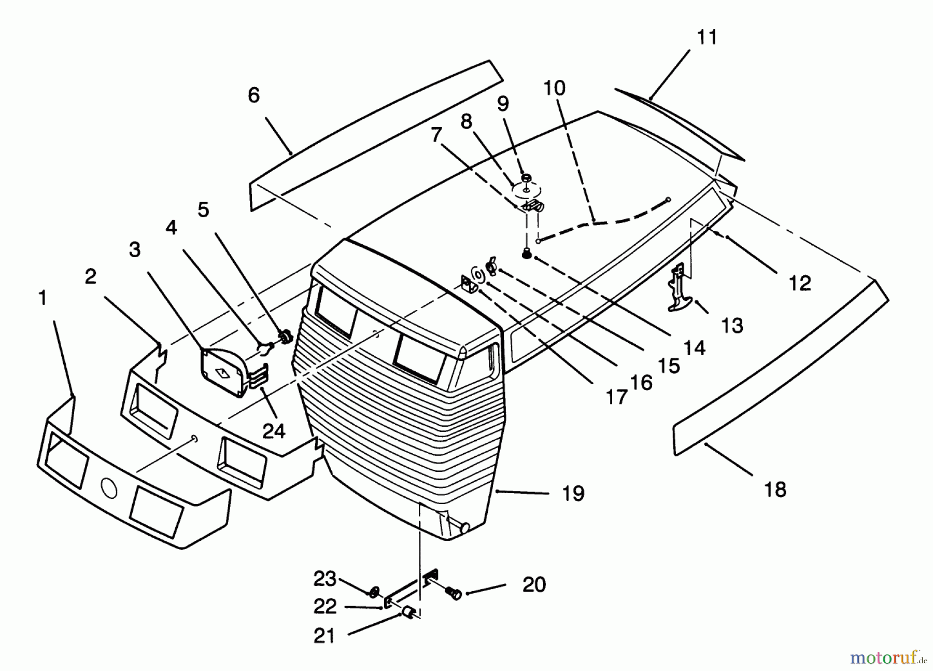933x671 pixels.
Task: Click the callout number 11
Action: (707, 38)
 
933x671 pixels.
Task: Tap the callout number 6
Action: (253, 95)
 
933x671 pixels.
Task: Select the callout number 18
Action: (775, 490)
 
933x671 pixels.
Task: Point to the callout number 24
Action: (274, 430)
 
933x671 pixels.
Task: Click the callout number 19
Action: (573, 494)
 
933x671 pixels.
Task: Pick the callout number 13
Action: (732, 326)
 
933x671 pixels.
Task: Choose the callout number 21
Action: (324, 636)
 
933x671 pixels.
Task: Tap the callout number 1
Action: (43, 298)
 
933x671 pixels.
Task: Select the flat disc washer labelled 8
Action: (527, 190)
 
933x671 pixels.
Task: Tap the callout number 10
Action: (554, 88)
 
